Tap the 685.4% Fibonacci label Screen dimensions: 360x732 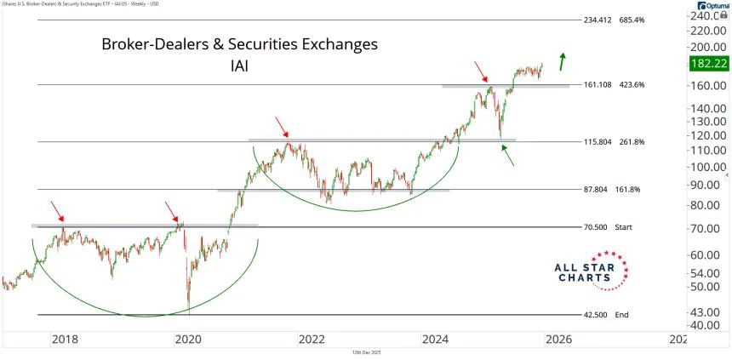610,20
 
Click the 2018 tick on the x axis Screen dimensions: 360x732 66,339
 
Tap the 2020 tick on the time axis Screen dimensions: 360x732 187,339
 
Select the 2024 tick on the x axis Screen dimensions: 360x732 435,339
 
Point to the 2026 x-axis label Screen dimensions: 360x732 558,339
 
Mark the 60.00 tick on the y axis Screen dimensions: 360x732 707,255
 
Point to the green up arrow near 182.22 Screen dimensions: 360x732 562,60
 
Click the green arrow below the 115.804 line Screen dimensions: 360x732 508,155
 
